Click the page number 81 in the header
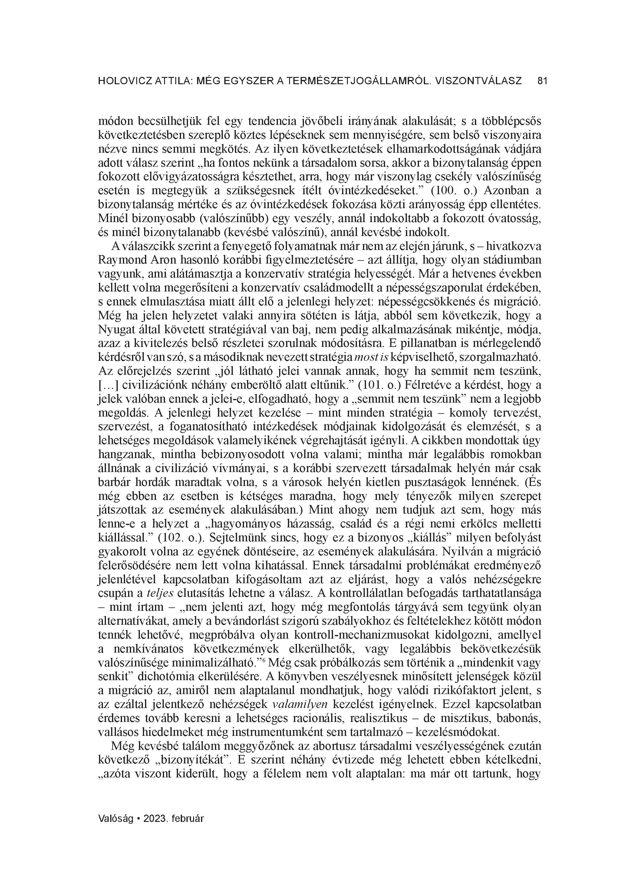[542, 81]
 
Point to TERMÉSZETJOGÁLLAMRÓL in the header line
[348, 81]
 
